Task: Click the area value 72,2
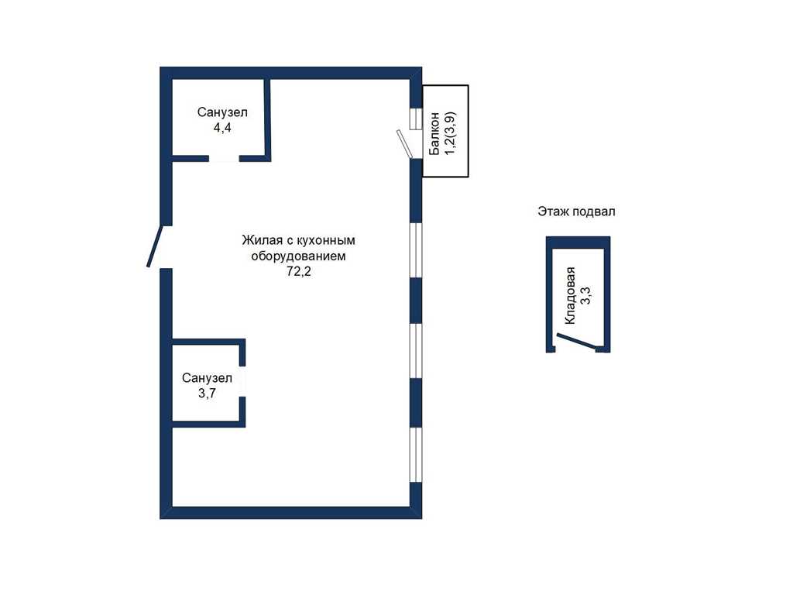tap(299, 272)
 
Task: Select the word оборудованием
tap(298, 256)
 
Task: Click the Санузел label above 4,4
tap(222, 112)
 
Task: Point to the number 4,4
tap(222, 128)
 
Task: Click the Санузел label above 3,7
tap(207, 378)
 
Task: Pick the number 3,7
tap(207, 393)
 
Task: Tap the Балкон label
tap(434, 134)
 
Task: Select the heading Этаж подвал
tap(576, 211)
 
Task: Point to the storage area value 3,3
tap(585, 295)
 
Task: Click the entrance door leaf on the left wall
tap(154, 246)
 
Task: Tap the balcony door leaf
tap(403, 144)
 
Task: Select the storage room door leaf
tap(576, 341)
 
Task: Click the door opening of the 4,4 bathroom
tap(224, 158)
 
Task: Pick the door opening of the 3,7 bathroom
tap(242, 381)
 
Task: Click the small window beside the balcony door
tap(416, 119)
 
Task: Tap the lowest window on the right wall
tap(415, 455)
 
